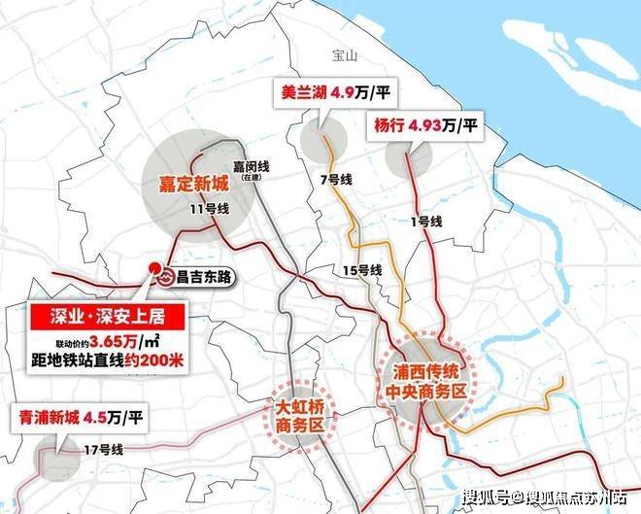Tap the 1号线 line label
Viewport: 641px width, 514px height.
(x=425, y=223)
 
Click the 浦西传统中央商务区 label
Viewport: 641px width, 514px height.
(x=428, y=379)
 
